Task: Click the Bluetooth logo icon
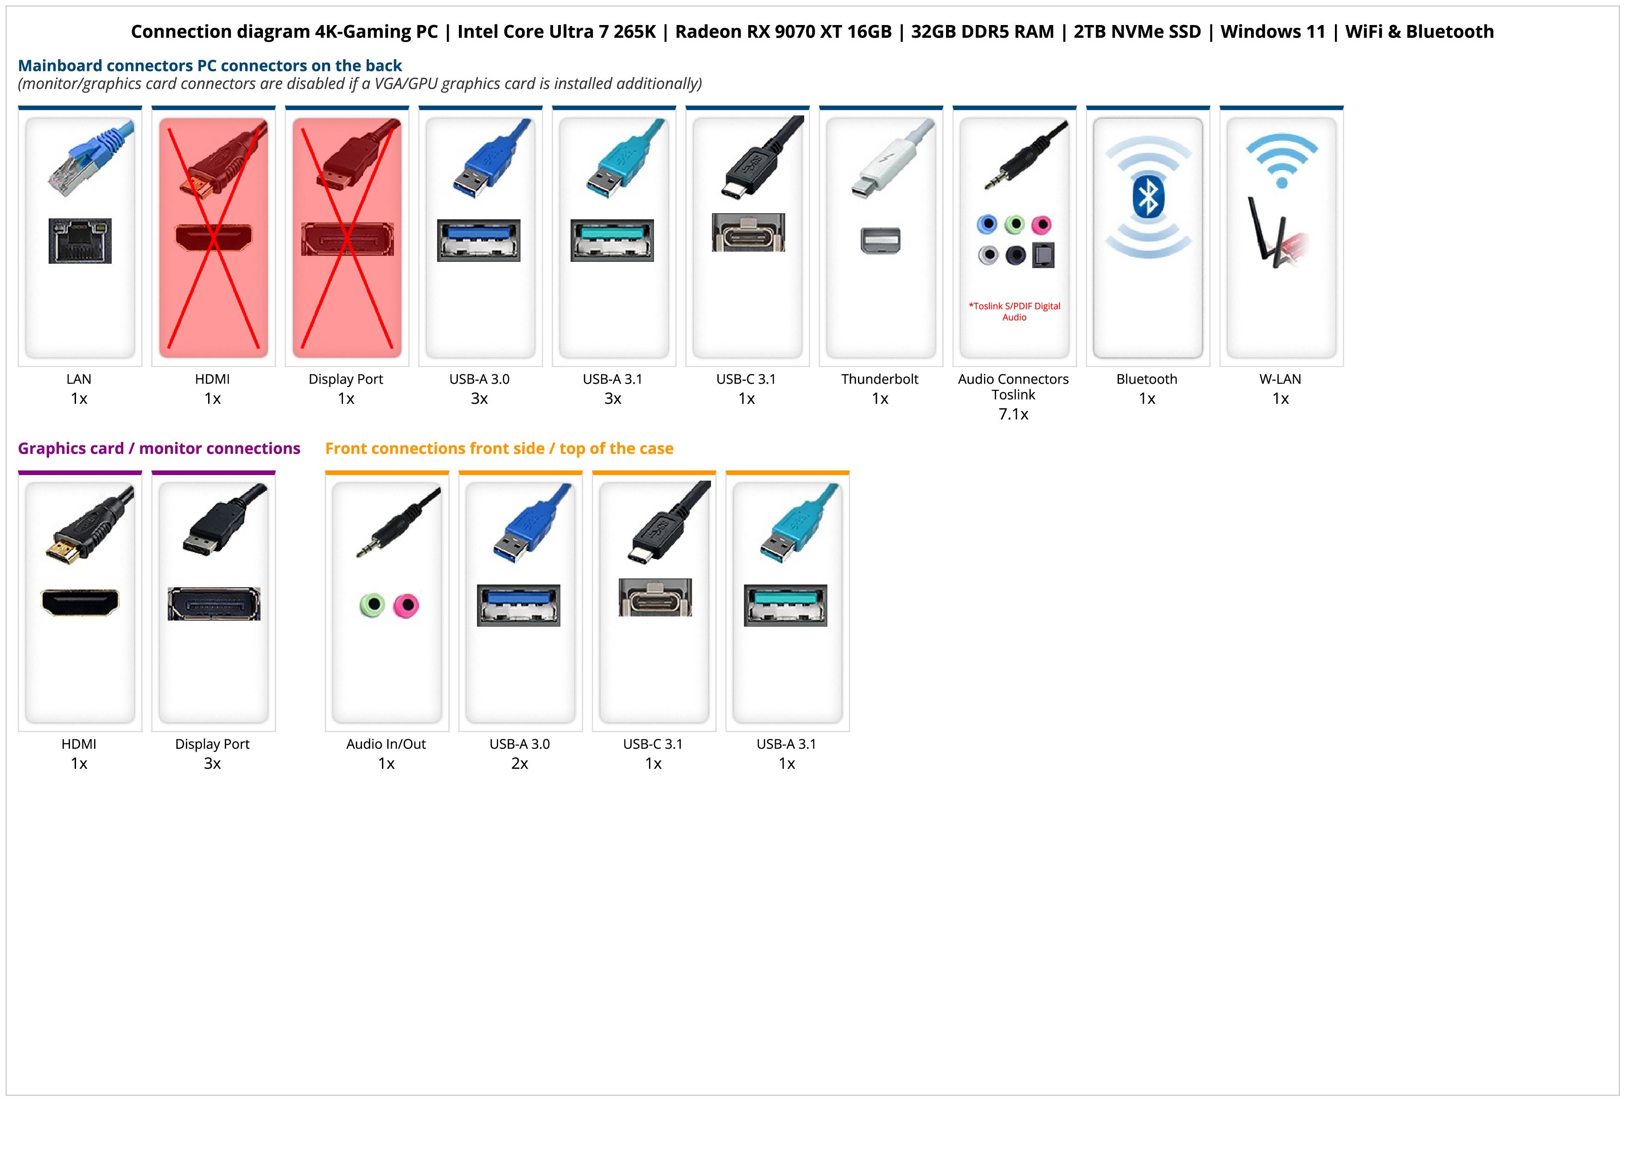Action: tap(1148, 197)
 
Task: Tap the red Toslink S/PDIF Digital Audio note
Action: tap(1014, 311)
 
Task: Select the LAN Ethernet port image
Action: tap(80, 241)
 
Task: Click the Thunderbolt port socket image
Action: tap(880, 240)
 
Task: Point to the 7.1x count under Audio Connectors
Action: tap(1013, 414)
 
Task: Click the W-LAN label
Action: tap(1280, 379)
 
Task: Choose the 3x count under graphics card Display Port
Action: tap(212, 763)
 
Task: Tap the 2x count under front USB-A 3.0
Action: tap(520, 763)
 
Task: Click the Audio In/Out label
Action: tap(386, 744)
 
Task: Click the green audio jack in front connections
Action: tap(372, 605)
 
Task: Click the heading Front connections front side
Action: tap(499, 448)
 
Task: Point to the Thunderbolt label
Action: tap(880, 379)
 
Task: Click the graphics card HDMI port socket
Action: tap(80, 603)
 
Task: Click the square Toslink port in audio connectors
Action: tap(1043, 255)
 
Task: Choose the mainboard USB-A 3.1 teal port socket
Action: tap(613, 241)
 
